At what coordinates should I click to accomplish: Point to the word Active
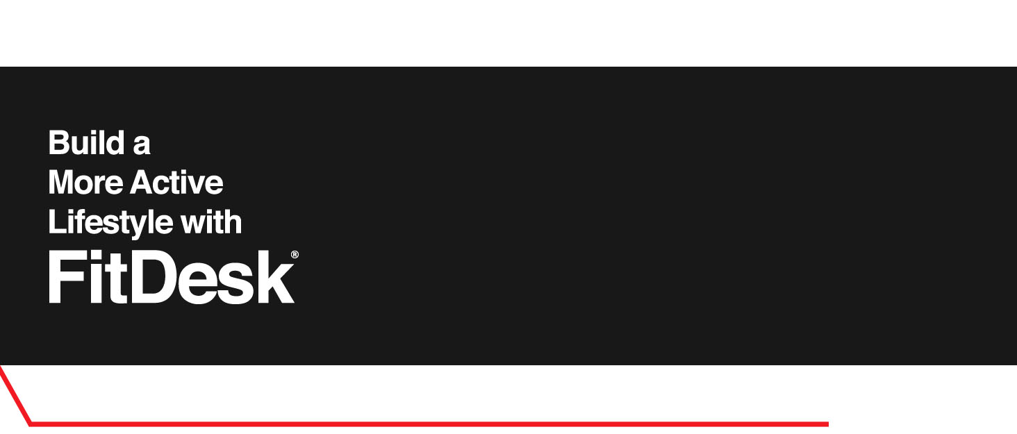176,183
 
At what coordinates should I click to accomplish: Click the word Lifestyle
110,223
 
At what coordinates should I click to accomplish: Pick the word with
211,222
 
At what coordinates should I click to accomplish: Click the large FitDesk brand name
171,278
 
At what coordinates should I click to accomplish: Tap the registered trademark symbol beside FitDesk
295,255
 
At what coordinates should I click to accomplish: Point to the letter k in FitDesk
277,278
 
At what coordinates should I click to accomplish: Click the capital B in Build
58,143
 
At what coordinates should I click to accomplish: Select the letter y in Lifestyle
133,226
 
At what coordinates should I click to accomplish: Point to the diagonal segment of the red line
15,394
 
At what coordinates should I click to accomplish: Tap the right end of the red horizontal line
827,424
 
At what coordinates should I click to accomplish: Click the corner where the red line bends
31,423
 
